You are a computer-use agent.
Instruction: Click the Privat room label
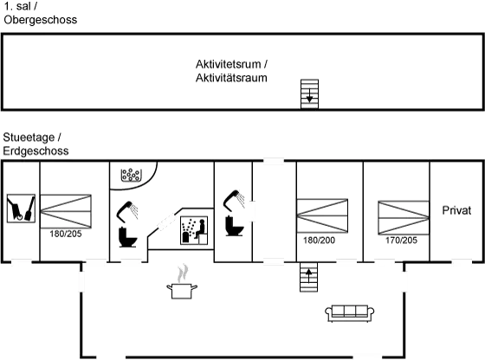pos(456,210)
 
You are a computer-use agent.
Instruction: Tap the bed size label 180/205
pos(66,234)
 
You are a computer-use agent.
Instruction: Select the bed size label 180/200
pos(319,240)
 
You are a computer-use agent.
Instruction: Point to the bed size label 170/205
pos(401,240)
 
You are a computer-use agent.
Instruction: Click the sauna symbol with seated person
pos(194,230)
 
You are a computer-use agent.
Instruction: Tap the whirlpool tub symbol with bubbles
pos(131,175)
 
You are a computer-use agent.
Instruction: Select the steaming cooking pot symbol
pos(182,281)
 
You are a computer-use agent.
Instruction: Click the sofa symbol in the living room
pos(350,313)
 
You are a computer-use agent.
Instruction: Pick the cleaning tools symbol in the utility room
pos(21,209)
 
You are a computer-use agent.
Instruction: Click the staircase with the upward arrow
pos(308,277)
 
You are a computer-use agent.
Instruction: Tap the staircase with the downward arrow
pos(310,94)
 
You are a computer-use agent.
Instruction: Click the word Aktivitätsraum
pos(231,78)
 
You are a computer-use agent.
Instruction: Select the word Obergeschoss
pos(41,20)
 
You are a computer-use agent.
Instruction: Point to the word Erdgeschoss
pos(36,151)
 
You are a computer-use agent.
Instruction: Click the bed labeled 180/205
pos(66,211)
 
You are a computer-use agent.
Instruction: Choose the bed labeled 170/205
pos(404,218)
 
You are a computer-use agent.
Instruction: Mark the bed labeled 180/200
pos(322,215)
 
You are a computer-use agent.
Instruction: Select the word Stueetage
pos(29,138)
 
